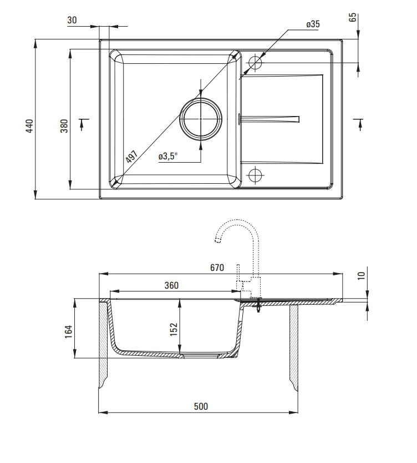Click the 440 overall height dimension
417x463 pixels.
click(x=29, y=126)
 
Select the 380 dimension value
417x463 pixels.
click(x=64, y=126)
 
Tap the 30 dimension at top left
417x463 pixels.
click(x=72, y=20)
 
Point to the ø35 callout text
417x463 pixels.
click(x=313, y=24)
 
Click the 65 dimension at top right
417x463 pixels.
click(x=353, y=17)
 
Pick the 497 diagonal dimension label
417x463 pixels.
click(x=131, y=157)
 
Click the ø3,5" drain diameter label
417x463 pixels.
click(x=168, y=156)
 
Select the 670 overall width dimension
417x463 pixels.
click(x=217, y=268)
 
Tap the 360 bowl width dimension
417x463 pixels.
click(x=171, y=285)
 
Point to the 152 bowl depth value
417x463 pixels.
click(x=174, y=329)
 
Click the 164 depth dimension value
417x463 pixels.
click(x=68, y=331)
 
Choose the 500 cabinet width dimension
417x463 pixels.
click(x=201, y=406)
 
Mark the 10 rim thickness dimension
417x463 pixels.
click(x=361, y=275)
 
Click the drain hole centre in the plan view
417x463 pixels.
click(x=201, y=119)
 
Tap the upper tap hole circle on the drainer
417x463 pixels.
click(x=255, y=63)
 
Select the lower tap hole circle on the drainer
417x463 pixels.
click(x=255, y=175)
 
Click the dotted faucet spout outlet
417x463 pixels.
click(x=217, y=240)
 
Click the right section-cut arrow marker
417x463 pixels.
click(x=359, y=124)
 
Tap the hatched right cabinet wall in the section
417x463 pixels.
click(x=294, y=348)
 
